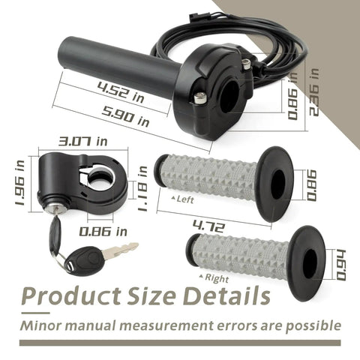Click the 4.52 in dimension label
pos(121,92)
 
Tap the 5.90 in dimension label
pos(126,117)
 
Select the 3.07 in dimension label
pos(82,142)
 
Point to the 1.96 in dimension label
pos(20,182)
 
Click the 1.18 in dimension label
pos(142,189)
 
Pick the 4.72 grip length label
pos(209,226)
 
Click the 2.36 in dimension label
pos(314,92)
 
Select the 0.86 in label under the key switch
pos(103,232)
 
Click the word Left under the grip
pos(185,199)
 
